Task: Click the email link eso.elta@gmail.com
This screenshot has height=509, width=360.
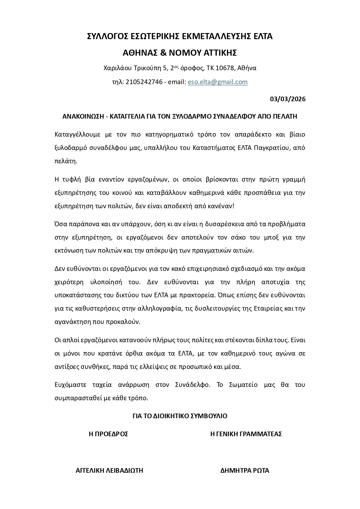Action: click(218, 82)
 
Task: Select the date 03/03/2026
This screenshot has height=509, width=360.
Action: click(287, 99)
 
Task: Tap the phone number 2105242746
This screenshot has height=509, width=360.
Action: click(144, 82)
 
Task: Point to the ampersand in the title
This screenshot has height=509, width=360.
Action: click(163, 53)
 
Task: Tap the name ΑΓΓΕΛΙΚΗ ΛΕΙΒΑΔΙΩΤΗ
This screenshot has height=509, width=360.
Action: click(109, 470)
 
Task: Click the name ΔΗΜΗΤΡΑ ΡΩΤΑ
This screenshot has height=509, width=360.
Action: click(245, 470)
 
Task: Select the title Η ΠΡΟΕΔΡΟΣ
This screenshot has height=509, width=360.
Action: click(108, 434)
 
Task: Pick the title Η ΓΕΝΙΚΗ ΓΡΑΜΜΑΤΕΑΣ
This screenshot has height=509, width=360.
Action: click(246, 434)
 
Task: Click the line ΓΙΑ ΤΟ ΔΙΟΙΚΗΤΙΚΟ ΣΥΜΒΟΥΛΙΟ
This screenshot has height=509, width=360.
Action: click(180, 416)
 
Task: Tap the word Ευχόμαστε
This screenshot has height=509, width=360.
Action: click(70, 385)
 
